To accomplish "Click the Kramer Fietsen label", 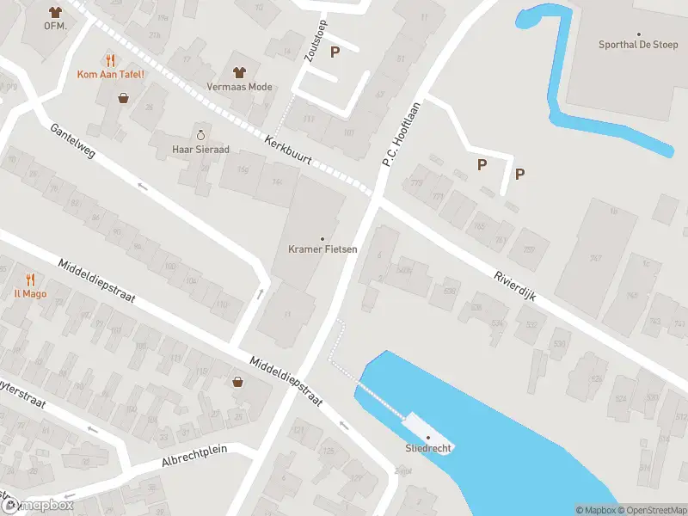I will coord(322,249).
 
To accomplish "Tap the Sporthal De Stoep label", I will coord(639,45).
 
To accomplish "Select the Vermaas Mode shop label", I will coord(239,87).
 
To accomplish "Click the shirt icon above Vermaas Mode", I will coord(239,71).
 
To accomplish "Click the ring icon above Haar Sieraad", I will coord(200,134).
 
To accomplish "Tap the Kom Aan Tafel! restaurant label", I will coord(110,74).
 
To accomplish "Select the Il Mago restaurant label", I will coord(29,293).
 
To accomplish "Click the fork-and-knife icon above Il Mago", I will coord(29,279).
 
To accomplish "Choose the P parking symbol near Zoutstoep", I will coord(335,52).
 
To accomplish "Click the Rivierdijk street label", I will coord(515,285).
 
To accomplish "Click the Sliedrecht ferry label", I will coord(428,448).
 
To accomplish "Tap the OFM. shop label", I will coord(56,26).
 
